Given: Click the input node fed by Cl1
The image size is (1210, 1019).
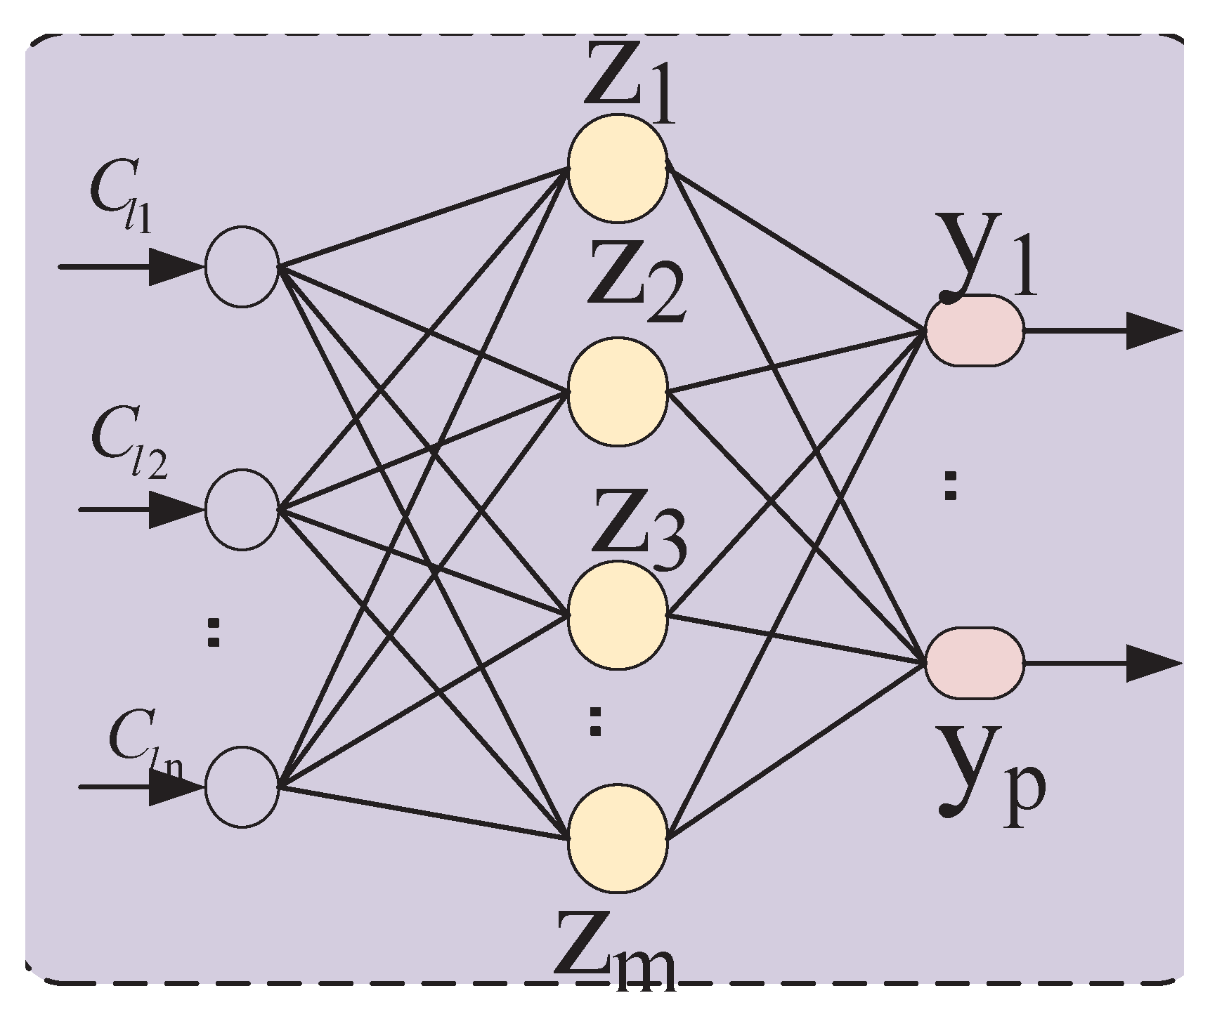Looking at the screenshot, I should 242,266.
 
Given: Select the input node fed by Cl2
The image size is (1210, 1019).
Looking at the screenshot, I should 242,509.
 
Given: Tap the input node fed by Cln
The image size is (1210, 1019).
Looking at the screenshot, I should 242,787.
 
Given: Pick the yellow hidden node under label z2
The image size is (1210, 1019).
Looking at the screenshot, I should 618,392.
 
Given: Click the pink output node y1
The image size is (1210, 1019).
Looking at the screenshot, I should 974,331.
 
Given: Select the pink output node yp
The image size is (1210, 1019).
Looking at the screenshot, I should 974,663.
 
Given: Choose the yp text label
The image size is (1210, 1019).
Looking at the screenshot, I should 991,780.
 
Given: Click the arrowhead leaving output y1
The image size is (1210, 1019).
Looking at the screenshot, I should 1152,331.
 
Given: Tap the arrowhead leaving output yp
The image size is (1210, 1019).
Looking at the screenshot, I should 1152,663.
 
